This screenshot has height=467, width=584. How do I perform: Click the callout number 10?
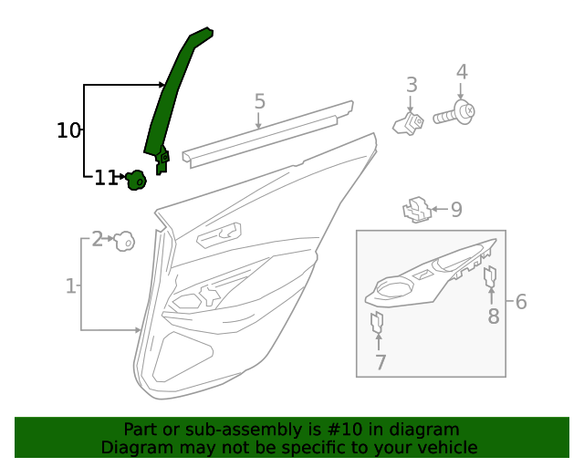(68, 130)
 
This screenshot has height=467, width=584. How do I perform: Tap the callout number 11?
(106, 178)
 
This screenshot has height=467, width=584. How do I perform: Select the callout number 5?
(259, 101)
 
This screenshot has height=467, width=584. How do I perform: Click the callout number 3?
(412, 85)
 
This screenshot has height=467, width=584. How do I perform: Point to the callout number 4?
(462, 72)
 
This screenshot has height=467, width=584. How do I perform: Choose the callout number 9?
(456, 210)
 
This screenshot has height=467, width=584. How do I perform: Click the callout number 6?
(521, 301)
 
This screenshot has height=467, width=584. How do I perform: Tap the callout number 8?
(493, 317)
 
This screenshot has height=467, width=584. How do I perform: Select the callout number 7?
(380, 362)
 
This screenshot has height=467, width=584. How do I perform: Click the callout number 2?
(97, 239)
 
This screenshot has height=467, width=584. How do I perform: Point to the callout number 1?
(70, 286)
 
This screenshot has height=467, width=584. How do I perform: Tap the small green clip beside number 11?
(136, 181)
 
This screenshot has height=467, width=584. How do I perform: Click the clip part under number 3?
(409, 123)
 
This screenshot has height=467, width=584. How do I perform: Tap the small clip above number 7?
(377, 322)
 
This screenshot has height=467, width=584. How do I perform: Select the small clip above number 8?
(490, 276)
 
